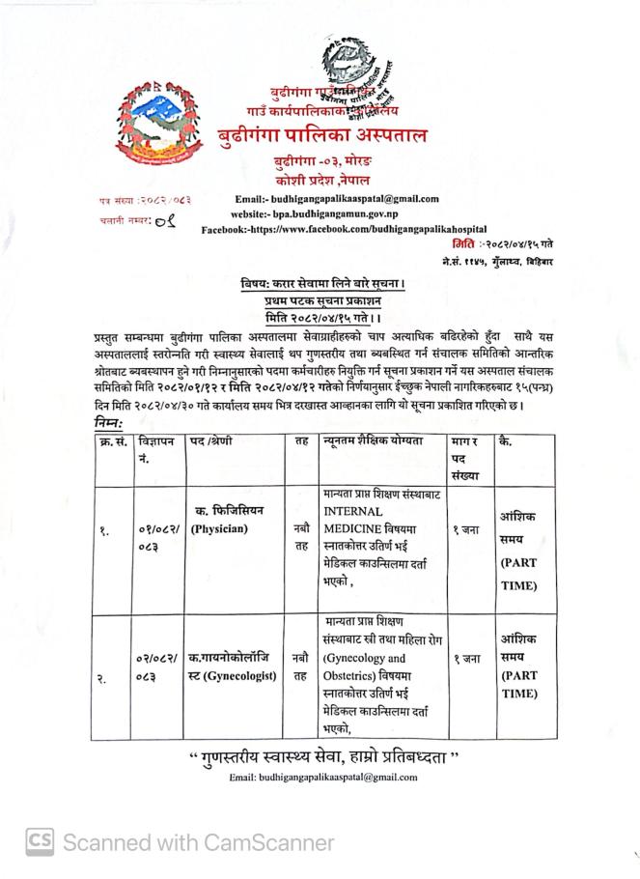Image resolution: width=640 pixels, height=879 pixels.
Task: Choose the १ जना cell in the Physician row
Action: click(x=467, y=529)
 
